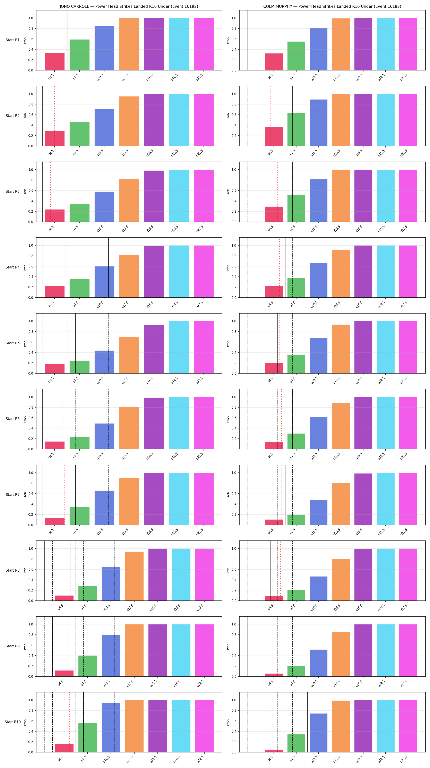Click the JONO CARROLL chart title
tap(129, 6)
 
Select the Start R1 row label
tap(12, 40)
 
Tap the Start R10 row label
tap(12, 722)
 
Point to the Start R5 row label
tap(12, 343)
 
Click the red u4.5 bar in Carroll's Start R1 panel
tap(54, 62)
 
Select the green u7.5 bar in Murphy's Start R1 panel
tap(296, 56)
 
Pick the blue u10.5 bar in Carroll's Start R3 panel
tap(104, 207)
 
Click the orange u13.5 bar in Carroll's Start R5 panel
tap(129, 355)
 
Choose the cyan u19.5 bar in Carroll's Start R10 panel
tap(181, 726)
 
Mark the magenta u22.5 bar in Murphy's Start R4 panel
tap(408, 272)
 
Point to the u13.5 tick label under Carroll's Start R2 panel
tap(125, 153)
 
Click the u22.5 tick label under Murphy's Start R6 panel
tap(404, 456)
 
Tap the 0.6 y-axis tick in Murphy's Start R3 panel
tap(234, 190)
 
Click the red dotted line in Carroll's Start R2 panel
tap(54, 116)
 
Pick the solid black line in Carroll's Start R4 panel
tap(109, 267)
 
